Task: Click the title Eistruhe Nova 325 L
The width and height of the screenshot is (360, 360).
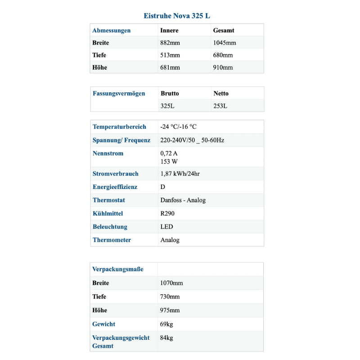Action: pos(176,16)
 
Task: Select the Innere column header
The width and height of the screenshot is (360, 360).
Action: pos(169,31)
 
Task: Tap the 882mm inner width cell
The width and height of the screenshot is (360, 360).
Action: pos(170,43)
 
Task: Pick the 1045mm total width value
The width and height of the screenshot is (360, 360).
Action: pos(224,43)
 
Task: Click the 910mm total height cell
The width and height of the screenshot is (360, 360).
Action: pos(223,67)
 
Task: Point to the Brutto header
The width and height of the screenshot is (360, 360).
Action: pos(170,94)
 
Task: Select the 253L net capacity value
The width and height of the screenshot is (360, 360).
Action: pos(220,106)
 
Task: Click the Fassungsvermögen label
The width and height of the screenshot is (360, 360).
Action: pos(119,94)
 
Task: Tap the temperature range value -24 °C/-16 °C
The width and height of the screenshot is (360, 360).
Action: pos(178,127)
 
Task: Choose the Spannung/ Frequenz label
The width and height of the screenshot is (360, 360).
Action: pos(121,140)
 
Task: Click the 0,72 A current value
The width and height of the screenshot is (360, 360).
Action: pos(169,153)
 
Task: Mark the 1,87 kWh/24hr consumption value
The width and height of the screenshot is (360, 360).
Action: pos(180,174)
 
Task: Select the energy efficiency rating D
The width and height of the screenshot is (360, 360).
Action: pos(163,187)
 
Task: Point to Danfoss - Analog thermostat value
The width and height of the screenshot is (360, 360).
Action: pos(183,200)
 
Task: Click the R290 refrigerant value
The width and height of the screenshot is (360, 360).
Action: pos(167,213)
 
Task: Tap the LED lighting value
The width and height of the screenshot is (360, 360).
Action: pos(166,227)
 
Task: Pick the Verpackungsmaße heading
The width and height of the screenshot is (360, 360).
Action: pos(118,269)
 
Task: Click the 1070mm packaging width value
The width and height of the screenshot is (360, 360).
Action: pos(171,283)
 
